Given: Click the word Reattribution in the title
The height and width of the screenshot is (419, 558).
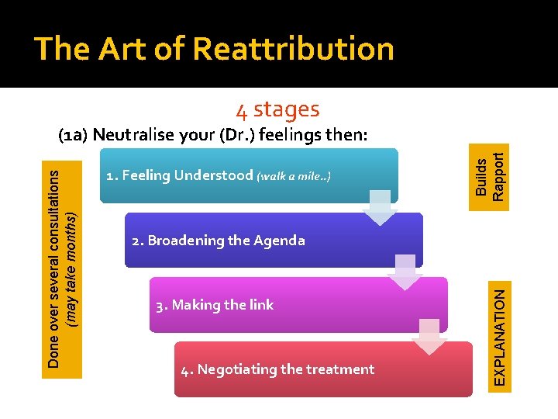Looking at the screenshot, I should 293,49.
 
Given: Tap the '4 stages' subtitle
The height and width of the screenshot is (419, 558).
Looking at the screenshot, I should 277,109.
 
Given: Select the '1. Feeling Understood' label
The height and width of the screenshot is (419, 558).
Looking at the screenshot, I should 179,175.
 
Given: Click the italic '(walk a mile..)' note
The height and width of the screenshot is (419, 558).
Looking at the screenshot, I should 294,176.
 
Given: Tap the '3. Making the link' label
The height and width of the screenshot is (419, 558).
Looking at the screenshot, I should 215,305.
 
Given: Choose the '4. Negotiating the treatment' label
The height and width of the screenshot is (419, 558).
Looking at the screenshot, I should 277,369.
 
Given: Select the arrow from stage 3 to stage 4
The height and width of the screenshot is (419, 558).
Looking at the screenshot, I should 429,337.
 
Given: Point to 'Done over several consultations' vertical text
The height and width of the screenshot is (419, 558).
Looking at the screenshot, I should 54,268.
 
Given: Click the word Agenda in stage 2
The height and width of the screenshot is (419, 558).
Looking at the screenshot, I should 281,241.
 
